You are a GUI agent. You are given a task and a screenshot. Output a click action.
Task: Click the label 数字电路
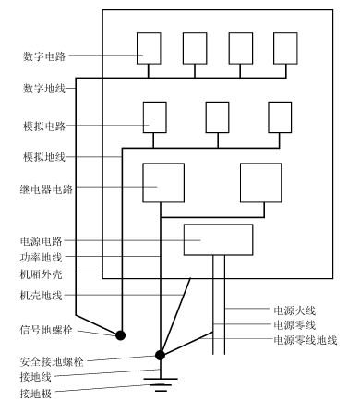(x=44, y=56)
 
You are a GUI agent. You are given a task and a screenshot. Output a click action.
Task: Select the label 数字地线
(x=44, y=89)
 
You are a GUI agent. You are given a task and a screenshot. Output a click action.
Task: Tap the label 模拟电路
(x=44, y=126)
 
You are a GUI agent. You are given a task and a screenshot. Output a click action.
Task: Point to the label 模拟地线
(x=44, y=157)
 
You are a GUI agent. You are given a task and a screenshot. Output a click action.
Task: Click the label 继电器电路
(x=46, y=189)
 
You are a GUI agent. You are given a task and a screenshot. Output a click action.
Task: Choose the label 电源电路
(x=42, y=241)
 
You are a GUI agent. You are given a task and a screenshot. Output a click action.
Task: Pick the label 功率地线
(x=42, y=257)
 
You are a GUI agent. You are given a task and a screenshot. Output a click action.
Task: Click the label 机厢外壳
(x=42, y=273)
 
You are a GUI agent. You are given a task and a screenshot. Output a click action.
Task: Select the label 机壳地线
(x=42, y=296)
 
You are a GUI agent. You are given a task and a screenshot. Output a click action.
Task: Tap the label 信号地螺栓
(x=46, y=330)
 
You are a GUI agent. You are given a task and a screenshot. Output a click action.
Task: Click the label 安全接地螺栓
(x=52, y=361)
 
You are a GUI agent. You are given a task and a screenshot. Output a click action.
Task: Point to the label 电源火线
(x=294, y=310)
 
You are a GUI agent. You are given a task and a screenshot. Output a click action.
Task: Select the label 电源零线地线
(x=306, y=340)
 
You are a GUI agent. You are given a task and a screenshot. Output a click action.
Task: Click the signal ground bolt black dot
(x=121, y=335)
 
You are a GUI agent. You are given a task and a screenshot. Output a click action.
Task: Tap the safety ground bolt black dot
(x=160, y=356)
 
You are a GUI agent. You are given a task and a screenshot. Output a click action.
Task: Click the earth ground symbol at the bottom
(x=161, y=384)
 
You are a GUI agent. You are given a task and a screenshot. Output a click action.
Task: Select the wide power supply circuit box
(x=219, y=239)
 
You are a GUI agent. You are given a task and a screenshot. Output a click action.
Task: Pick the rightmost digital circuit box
(x=285, y=48)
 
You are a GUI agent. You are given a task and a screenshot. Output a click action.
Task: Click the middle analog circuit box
(x=218, y=117)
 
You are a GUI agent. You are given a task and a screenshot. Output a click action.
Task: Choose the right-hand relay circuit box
(x=261, y=183)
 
